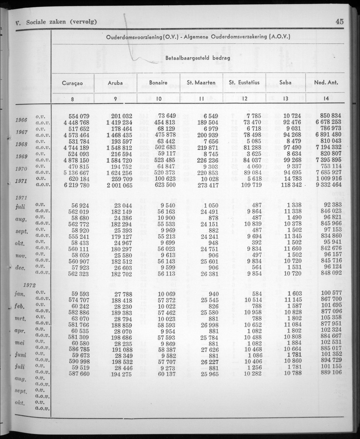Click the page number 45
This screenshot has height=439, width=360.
[339, 22]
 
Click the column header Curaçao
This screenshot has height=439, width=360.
[72, 83]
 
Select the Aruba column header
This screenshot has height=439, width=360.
[115, 83]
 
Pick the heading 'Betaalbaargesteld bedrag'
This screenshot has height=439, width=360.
[198, 58]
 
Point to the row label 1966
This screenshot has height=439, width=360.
[21, 119]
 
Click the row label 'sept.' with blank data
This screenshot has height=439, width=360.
[21, 391]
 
